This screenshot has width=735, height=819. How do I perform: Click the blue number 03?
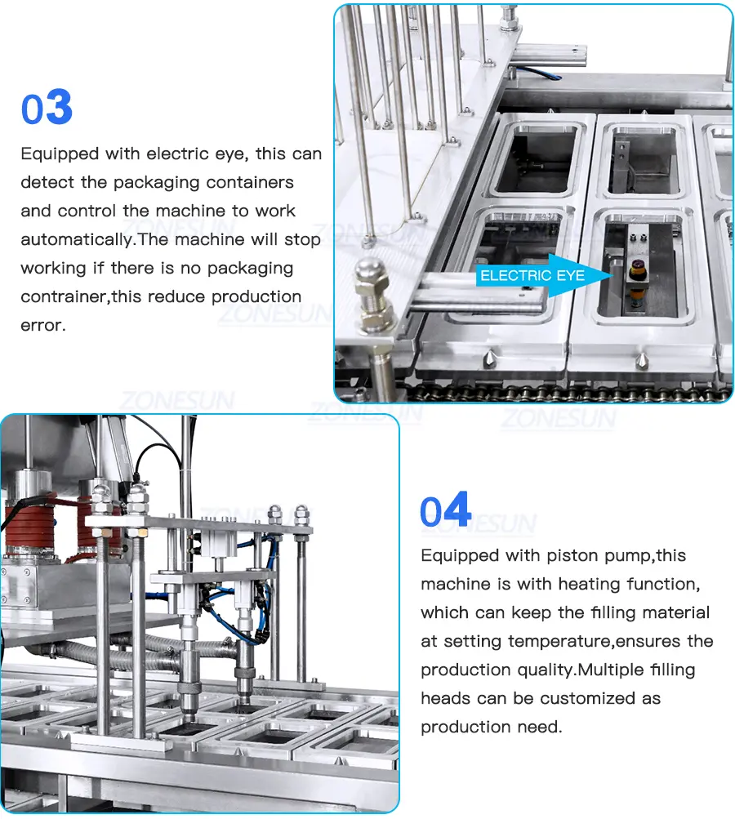tap(47, 106)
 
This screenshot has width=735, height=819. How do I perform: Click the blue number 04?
tap(446, 509)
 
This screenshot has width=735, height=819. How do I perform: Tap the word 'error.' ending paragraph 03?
tap(43, 326)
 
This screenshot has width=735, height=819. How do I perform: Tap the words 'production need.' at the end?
tap(492, 727)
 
